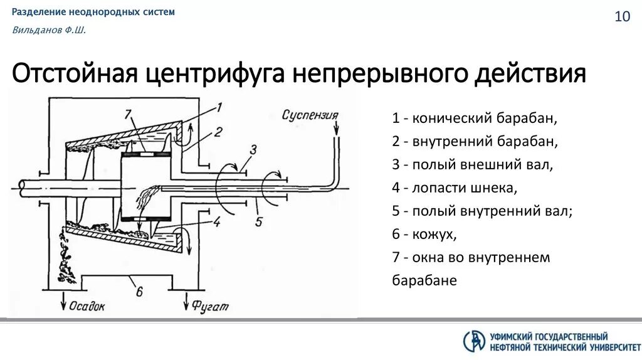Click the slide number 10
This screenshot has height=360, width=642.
click(622, 17)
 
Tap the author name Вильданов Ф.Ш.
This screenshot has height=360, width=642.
click(49, 31)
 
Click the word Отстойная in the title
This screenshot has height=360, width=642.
click(76, 74)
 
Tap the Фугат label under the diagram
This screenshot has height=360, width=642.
click(211, 307)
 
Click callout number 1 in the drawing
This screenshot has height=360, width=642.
click(219, 107)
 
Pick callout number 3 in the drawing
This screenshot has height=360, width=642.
click(253, 150)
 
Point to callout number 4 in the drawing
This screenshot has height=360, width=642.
click(216, 221)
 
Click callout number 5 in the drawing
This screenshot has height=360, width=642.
click(257, 221)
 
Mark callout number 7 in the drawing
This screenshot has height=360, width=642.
click(128, 114)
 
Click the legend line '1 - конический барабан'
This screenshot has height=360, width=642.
click(475, 119)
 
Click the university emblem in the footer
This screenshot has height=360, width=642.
click(474, 341)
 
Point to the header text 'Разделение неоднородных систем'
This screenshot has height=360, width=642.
click(93, 12)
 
